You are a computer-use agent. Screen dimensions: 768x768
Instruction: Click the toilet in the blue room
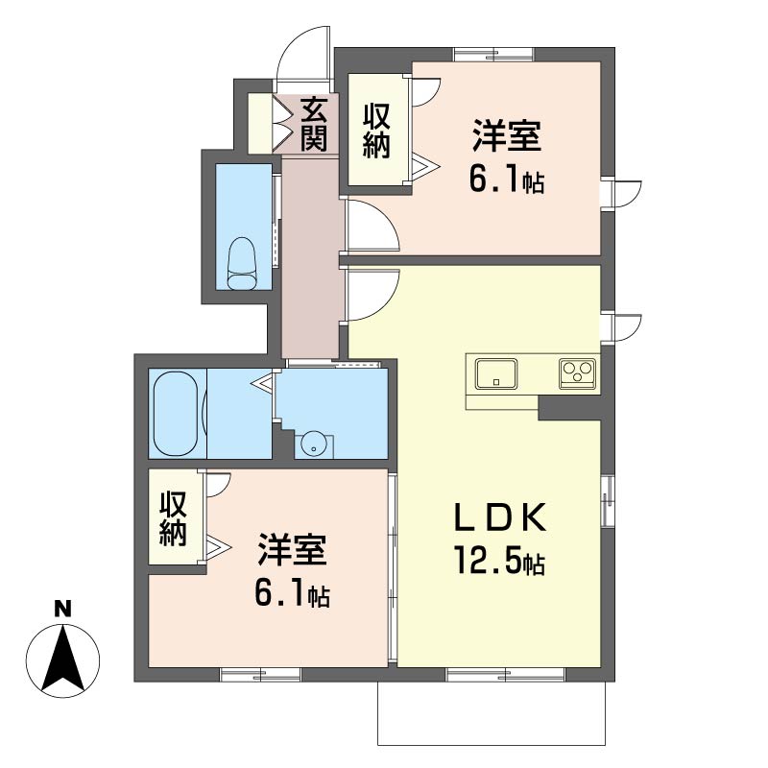point(243,263)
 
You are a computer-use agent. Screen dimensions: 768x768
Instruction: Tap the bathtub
point(177,414)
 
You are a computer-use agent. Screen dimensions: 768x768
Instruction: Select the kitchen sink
point(496,373)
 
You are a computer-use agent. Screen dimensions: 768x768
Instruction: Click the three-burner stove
point(578,373)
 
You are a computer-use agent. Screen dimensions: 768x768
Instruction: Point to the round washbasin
point(313,444)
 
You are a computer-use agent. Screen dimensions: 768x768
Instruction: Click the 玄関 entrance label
point(314,125)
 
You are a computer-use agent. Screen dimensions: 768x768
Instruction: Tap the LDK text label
point(500,517)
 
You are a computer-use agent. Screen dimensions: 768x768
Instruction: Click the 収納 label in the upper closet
point(376,131)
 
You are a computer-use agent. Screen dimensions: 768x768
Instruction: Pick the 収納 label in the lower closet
point(173,518)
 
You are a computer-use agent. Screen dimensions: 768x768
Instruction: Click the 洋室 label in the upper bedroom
point(507,135)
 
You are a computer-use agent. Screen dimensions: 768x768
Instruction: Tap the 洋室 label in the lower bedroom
point(293,549)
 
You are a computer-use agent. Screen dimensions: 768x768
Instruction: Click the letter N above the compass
point(62,609)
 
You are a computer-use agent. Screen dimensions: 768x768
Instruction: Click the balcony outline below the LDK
point(492,745)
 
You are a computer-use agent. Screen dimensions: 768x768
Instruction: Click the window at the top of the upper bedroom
point(493,54)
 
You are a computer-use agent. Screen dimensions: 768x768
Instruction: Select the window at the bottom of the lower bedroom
point(260,675)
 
